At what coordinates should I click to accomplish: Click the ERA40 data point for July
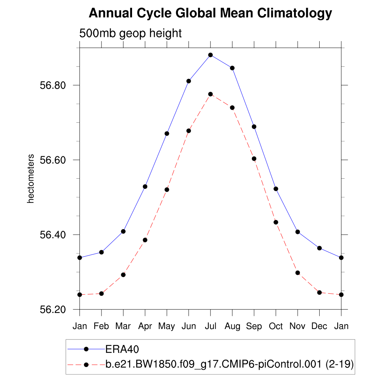coord(210,55)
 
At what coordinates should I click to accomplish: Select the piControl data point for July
coord(210,94)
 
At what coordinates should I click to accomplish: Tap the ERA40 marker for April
coord(145,187)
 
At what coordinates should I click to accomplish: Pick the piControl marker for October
coord(276,222)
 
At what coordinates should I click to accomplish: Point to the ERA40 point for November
coord(298,232)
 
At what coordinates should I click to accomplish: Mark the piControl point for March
coord(123,275)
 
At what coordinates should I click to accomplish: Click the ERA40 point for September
coord(254,127)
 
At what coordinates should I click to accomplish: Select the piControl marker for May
coord(167,190)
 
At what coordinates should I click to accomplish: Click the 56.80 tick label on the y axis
coord(53,85)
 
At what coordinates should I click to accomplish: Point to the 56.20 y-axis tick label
coord(53,310)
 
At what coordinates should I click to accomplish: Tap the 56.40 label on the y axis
coord(53,235)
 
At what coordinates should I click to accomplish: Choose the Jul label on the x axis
coord(210,326)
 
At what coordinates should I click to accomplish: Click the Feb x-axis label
coord(101,326)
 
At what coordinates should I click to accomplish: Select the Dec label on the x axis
coord(319,326)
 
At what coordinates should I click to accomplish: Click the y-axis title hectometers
coord(31,179)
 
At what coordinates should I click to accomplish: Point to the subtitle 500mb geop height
coord(131,33)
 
